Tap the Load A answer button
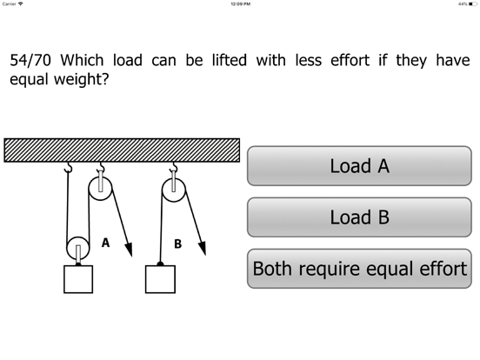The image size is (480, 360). pyautogui.click(x=359, y=166)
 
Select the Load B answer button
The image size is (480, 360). pyautogui.click(x=359, y=217)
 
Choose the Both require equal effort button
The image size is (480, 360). pyautogui.click(x=359, y=269)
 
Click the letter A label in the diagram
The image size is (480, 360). pyautogui.click(x=105, y=243)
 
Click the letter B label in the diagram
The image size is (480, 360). pyautogui.click(x=178, y=244)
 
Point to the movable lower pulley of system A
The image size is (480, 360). pyautogui.click(x=78, y=248)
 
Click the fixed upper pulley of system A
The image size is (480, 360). pyautogui.click(x=100, y=189)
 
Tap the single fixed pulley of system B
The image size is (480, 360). pyautogui.click(x=174, y=190)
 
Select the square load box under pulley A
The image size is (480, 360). pyautogui.click(x=78, y=279)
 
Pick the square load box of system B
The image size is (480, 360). pyautogui.click(x=160, y=279)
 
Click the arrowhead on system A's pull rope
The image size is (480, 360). pyautogui.click(x=130, y=250)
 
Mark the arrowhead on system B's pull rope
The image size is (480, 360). pyautogui.click(x=203, y=248)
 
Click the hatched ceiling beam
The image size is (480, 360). pyautogui.click(x=122, y=150)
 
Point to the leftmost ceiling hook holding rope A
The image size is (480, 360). pyautogui.click(x=69, y=167)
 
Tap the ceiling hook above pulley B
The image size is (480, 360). pyautogui.click(x=174, y=167)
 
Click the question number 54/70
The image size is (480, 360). pyautogui.click(x=30, y=60)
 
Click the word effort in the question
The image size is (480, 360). pyautogui.click(x=350, y=60)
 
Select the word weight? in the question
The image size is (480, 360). pyautogui.click(x=82, y=79)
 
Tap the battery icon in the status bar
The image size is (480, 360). pyautogui.click(x=473, y=4)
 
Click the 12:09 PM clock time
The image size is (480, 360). pyautogui.click(x=240, y=4)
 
